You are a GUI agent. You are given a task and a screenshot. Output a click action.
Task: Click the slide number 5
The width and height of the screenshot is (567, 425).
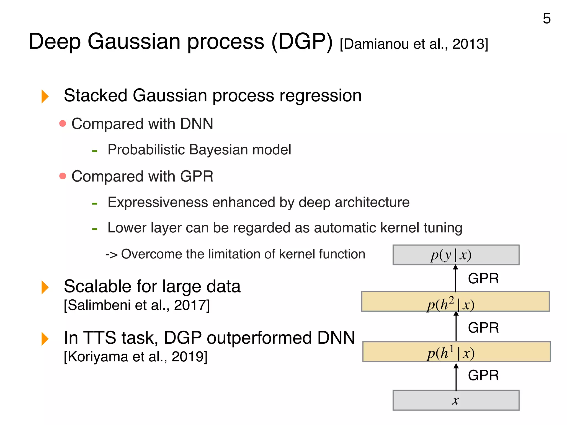547,19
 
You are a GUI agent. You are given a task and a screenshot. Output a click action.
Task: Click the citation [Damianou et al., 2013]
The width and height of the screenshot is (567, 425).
414,44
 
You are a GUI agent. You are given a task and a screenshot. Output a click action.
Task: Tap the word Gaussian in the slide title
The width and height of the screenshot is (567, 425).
134,42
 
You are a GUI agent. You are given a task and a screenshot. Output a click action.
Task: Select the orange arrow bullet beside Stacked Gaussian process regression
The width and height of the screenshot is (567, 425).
45,96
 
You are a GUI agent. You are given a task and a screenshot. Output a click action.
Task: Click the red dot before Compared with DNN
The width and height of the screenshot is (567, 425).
63,123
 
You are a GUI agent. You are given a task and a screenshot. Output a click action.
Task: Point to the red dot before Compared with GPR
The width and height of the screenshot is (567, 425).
63,176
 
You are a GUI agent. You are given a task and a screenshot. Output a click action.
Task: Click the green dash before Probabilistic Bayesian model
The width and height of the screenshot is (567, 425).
95,151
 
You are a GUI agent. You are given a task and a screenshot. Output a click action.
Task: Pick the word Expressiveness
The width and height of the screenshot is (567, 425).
158,202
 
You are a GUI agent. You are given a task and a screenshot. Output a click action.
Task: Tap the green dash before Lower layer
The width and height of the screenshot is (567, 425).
95,229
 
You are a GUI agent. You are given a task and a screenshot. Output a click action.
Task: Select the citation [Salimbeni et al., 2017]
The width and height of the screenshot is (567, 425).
137,305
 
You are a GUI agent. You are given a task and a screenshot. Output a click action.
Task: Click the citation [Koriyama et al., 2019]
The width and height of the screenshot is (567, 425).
135,356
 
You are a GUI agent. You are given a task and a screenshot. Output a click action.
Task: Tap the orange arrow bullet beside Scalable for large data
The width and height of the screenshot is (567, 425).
45,287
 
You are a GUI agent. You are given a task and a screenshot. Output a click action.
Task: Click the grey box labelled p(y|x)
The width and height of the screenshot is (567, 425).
456,255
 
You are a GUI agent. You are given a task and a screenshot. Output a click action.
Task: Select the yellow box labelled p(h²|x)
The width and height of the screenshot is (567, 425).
455,301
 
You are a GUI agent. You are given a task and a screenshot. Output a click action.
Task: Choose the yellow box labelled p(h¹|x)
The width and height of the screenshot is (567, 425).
456,352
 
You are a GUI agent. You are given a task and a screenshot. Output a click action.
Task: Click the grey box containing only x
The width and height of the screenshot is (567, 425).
456,400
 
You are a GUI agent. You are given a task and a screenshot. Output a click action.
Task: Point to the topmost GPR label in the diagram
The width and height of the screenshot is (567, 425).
483,278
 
